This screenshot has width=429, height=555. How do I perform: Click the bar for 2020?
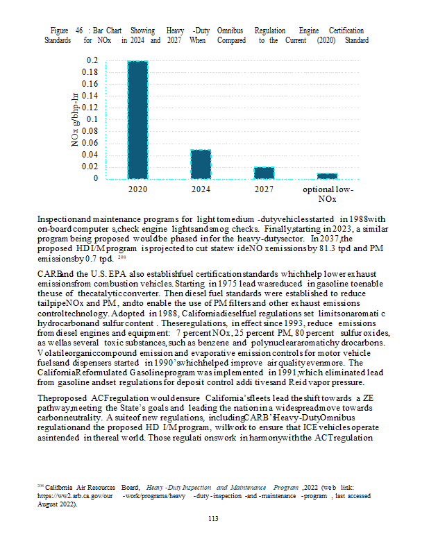pyautogui.click(x=137, y=119)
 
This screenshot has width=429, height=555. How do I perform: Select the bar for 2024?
pyautogui.click(x=201, y=164)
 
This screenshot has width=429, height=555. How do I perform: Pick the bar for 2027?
pyautogui.click(x=264, y=173)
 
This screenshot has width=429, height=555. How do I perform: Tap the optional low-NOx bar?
pyautogui.click(x=327, y=176)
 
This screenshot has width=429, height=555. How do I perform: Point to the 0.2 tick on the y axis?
pyautogui.click(x=92, y=61)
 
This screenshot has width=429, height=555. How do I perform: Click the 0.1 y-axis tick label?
pyautogui.click(x=92, y=119)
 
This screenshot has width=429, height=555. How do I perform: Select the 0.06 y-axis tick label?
pyautogui.click(x=90, y=143)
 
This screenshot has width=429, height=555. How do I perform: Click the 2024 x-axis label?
pyautogui.click(x=201, y=189)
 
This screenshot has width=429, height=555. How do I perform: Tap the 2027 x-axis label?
pyautogui.click(x=264, y=189)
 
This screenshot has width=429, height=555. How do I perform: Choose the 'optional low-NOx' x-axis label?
pyautogui.click(x=327, y=194)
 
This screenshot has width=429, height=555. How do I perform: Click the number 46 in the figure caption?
pyautogui.click(x=80, y=31)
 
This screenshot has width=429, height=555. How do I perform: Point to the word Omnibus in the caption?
pyautogui.click(x=228, y=31)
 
